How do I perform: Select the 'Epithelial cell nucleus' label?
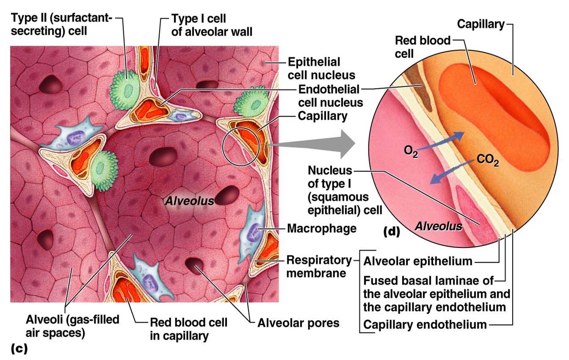[x=321, y=69]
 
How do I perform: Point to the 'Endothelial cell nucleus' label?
[x=331, y=96]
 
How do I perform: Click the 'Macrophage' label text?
[x=321, y=229]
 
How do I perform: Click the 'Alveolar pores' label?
[x=298, y=324]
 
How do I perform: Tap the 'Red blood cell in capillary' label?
[x=189, y=330]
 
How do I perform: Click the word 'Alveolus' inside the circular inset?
[x=438, y=226]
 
